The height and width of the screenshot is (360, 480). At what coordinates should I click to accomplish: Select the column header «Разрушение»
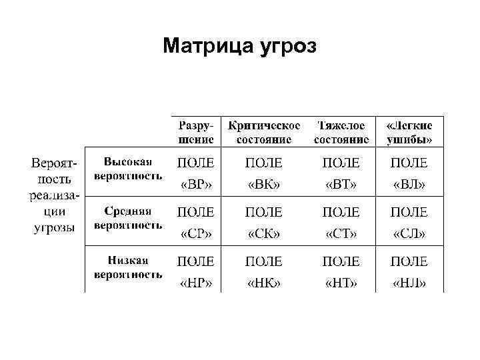coord(196,132)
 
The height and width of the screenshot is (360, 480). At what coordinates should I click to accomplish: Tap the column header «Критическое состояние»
coord(264,132)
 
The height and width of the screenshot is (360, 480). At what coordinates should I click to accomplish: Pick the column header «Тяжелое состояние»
coord(341,132)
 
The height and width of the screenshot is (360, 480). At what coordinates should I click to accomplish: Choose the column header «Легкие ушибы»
coord(409,132)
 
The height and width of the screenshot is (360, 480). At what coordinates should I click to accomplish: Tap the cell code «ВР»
coord(196,185)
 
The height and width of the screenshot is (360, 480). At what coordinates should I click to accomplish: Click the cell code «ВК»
coord(264,185)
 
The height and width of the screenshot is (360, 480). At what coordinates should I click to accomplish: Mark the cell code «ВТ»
coord(341,185)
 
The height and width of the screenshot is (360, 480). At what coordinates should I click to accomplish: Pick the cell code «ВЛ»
coord(409,185)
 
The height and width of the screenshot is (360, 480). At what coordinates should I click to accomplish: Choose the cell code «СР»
coord(196,234)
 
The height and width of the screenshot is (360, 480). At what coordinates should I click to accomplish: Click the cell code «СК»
coord(264,234)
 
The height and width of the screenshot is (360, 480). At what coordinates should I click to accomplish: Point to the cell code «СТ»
coord(341,234)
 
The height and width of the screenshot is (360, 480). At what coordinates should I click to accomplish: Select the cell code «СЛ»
coord(409,234)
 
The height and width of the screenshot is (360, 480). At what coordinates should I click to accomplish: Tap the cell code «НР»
coord(196,283)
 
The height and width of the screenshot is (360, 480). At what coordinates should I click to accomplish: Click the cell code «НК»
coord(264,283)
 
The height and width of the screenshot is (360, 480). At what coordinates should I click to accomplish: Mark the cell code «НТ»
coord(341,283)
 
